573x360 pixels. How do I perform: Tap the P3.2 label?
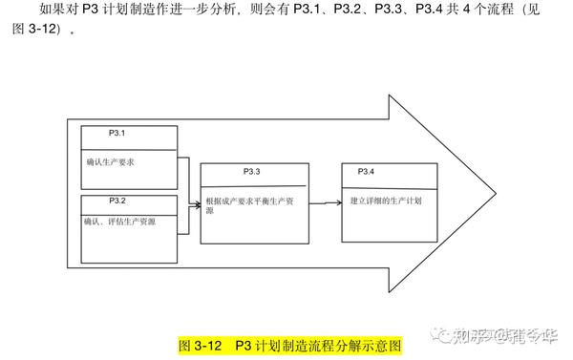[x=116, y=201]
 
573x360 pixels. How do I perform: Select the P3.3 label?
[x=252, y=172]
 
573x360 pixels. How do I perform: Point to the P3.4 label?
[x=366, y=171]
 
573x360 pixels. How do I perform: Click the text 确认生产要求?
[x=110, y=162]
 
